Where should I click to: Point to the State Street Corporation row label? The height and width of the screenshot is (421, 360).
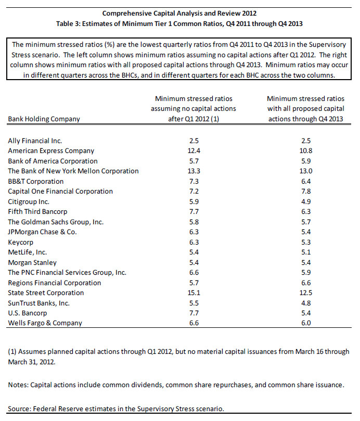[x=46, y=293]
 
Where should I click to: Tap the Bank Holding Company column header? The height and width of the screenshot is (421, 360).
[x=44, y=119]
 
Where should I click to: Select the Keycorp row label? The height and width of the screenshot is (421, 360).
[x=22, y=242]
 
